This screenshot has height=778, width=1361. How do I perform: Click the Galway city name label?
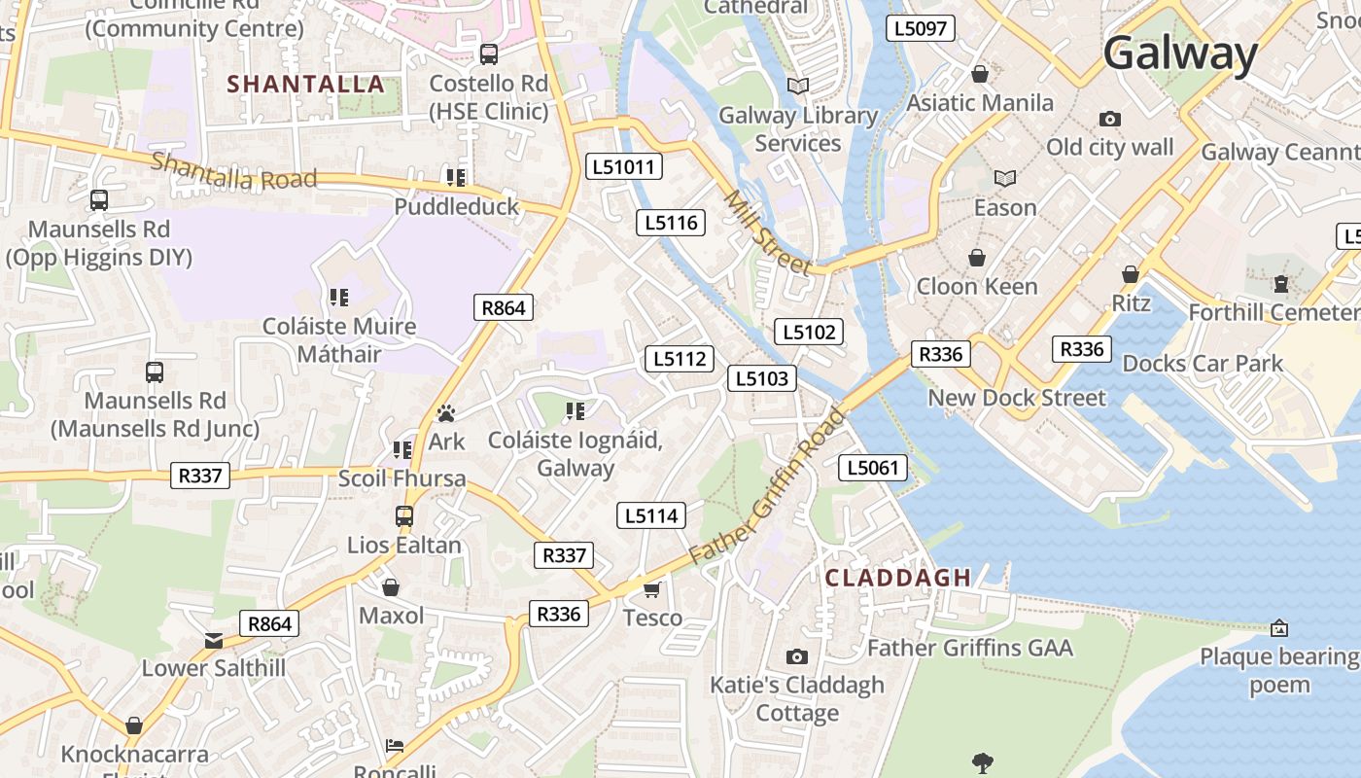tap(1180, 53)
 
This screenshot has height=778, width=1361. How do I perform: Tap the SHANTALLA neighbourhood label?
tap(306, 85)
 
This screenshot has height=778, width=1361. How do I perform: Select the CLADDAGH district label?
tap(897, 578)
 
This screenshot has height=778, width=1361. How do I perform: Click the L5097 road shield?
tap(920, 28)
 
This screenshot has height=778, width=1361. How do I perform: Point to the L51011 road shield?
tap(625, 167)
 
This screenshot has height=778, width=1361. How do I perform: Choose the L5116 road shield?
tap(671, 223)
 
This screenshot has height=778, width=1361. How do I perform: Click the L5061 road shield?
tap(872, 468)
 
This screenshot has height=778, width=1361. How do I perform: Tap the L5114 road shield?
tap(650, 515)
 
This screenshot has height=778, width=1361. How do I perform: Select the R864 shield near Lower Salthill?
tap(269, 624)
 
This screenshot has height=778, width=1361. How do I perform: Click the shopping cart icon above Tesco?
tap(652, 589)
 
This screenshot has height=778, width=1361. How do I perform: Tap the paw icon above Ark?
tap(446, 413)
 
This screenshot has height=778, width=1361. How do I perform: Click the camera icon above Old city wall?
tap(1109, 119)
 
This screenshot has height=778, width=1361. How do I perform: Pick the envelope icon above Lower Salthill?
tap(214, 640)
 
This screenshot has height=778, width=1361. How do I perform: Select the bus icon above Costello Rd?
tap(489, 54)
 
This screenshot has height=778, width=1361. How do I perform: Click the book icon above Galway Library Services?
tap(798, 87)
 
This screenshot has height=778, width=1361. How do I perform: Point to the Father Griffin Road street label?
tap(768, 485)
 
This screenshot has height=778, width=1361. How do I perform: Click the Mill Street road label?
tap(767, 232)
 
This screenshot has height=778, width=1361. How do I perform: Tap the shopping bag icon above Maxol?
tap(391, 587)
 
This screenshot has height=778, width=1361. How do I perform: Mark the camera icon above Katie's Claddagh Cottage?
tap(797, 656)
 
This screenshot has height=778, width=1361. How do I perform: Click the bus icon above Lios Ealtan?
tap(404, 516)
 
